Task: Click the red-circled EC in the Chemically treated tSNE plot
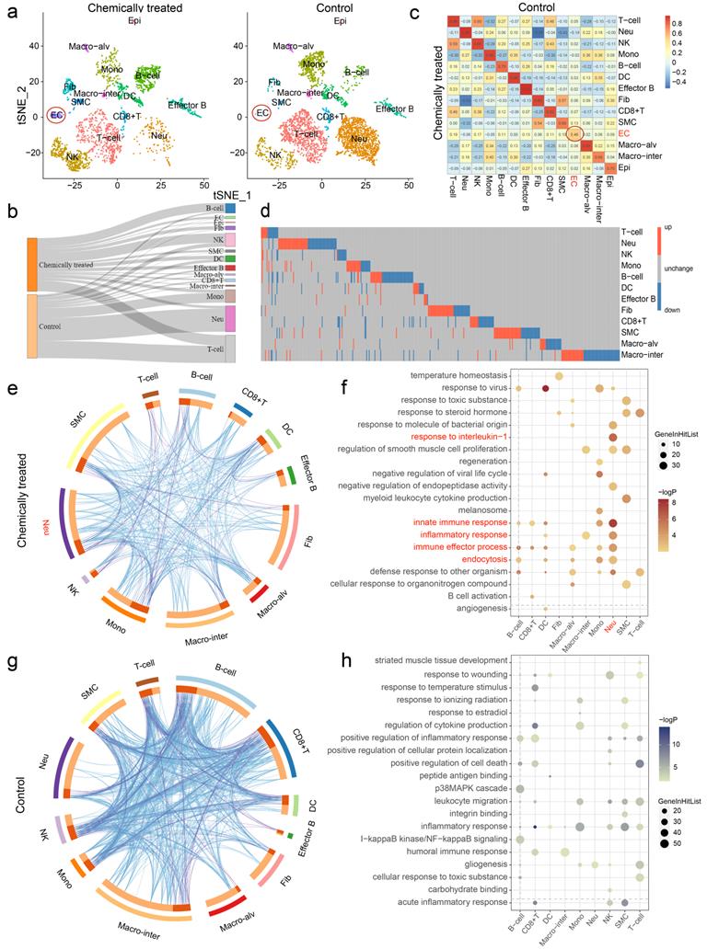tap(31, 116)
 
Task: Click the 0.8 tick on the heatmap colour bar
tap(684, 20)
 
